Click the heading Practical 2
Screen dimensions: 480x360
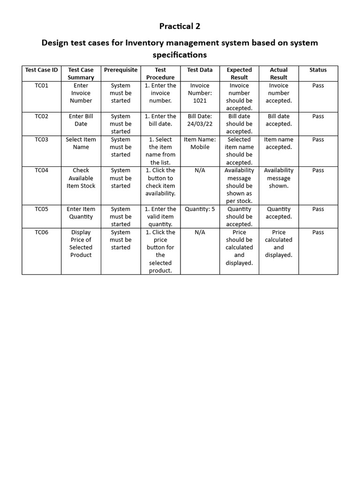click(180, 26)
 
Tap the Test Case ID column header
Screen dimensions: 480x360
click(42, 70)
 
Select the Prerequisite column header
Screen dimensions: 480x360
click(120, 70)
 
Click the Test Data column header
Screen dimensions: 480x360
click(200, 70)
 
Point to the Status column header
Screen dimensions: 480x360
click(318, 70)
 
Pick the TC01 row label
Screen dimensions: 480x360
click(42, 85)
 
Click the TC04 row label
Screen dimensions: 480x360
click(42, 170)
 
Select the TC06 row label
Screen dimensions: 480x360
click(42, 232)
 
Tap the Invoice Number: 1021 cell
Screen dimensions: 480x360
click(200, 93)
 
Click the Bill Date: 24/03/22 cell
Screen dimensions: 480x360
click(200, 120)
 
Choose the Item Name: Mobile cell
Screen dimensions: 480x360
click(200, 143)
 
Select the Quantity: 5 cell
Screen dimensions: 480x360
click(200, 209)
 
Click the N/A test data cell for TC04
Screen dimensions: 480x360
click(200, 170)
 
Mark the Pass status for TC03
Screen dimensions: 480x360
click(318, 139)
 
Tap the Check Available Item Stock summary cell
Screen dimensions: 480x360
click(81, 178)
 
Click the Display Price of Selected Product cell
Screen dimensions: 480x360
click(81, 243)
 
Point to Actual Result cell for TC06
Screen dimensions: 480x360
click(278, 243)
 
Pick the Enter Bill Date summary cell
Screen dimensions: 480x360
click(81, 120)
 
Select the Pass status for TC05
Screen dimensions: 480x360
click(318, 209)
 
